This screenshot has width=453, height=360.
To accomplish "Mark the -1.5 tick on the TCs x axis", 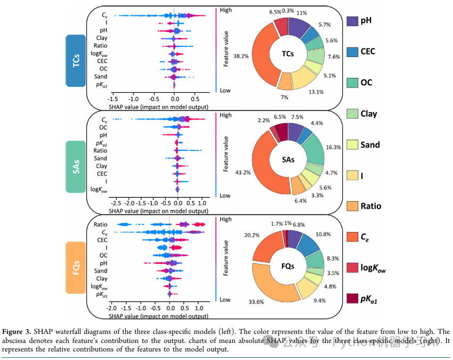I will click(x=113, y=99).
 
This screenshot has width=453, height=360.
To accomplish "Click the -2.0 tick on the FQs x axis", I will click(x=111, y=308).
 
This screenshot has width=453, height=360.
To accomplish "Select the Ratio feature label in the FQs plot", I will click(x=100, y=224).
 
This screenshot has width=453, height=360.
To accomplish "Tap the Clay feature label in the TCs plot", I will click(x=101, y=38).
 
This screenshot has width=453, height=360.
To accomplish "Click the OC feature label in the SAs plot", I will click(x=103, y=127).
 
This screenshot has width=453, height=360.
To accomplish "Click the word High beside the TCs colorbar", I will click(x=225, y=10).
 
